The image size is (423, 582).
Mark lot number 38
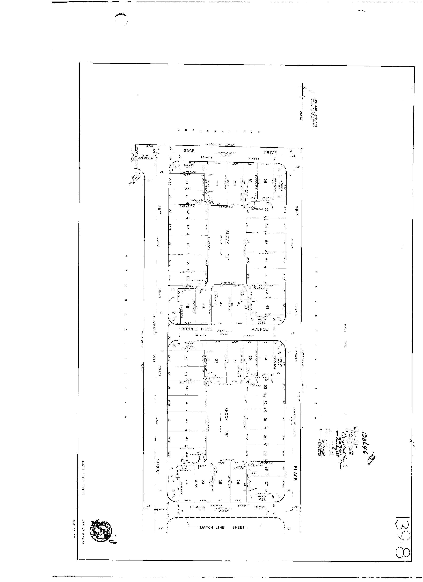(186, 358)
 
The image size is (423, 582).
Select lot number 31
(265, 420)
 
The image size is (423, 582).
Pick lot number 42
(187, 421)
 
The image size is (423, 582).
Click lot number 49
(268, 307)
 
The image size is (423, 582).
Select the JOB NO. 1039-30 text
(83, 530)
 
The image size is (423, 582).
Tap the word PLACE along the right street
(295, 473)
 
